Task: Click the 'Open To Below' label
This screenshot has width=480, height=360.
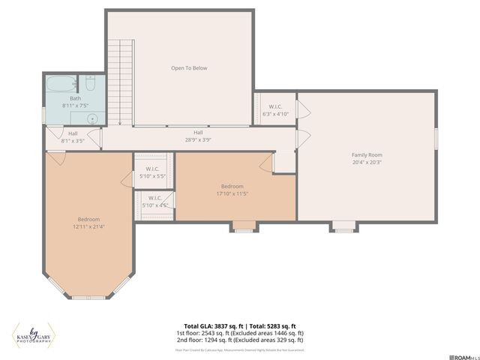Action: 189,68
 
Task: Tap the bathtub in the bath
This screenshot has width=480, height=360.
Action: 58,84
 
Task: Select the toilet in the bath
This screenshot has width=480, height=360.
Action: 89,84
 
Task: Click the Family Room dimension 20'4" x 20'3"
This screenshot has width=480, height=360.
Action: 367,162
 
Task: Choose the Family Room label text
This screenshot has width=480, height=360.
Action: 367,154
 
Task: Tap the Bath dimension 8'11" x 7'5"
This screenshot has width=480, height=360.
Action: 75,106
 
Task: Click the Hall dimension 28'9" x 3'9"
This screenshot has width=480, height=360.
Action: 198,139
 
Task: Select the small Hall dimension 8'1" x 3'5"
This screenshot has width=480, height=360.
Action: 73,140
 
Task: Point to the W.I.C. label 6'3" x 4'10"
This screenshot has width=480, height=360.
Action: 274,114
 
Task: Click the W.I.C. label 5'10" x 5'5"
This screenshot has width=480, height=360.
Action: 151,175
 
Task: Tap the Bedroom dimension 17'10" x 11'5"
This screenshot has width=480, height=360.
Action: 232,193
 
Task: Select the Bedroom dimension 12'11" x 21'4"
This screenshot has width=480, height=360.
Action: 88,226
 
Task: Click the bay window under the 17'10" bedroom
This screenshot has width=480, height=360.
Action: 243,226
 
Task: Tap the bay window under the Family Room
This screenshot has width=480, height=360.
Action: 343,226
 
